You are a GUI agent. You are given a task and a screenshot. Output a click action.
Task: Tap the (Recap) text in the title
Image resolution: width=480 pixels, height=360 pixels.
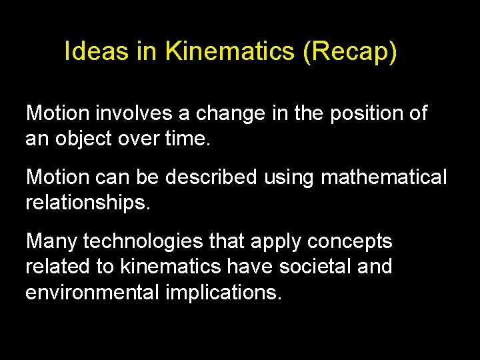(x=350, y=52)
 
